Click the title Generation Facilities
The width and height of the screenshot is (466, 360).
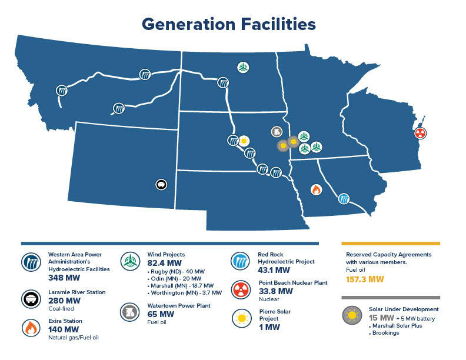pos(228,24)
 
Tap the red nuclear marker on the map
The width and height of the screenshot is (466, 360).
pos(420,132)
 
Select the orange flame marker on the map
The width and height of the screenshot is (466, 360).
pos(316,189)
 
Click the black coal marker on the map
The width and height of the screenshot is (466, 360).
pos(161,185)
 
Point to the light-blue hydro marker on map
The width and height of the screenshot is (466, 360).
pos(344,198)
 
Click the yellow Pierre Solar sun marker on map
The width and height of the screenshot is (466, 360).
pos(244,141)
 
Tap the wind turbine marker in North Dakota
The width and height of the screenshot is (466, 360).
pos(242,67)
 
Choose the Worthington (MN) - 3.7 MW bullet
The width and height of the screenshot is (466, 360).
pos(184,292)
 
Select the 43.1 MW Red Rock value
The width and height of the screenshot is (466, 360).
pos(274,270)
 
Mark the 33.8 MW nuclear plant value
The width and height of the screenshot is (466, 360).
pos(275,291)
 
